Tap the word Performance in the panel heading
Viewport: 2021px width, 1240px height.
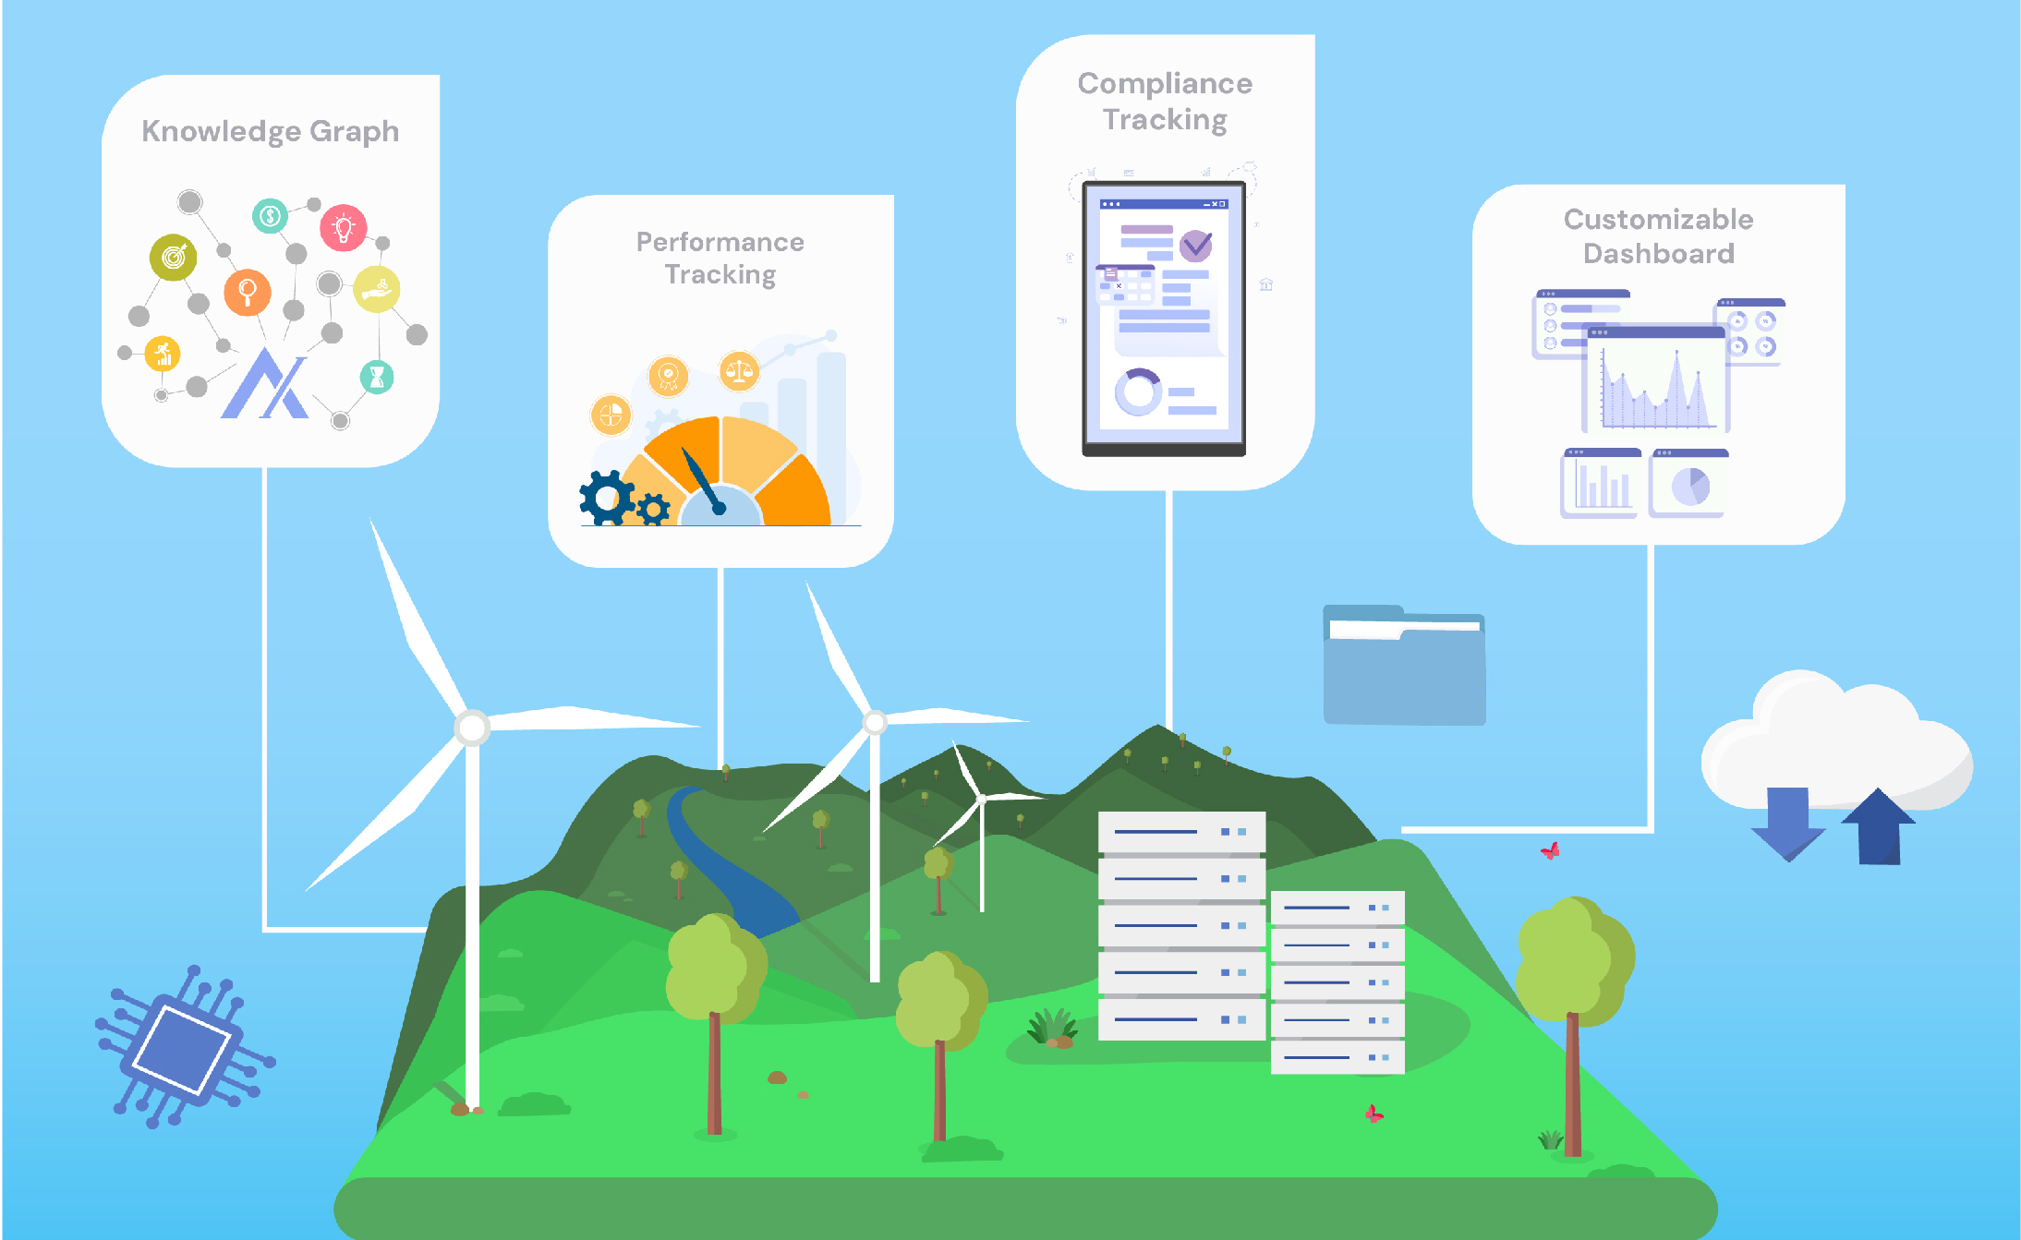pos(720,242)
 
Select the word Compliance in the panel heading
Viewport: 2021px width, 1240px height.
pos(1165,84)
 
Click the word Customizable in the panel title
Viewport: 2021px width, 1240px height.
pos(1658,220)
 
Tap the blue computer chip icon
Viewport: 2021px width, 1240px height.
pos(183,1048)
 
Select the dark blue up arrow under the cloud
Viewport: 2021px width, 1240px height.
pos(1879,827)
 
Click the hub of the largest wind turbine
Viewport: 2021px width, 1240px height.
pos(472,728)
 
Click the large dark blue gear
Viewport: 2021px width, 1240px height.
pos(607,499)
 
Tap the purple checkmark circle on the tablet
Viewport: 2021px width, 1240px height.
pos(1196,246)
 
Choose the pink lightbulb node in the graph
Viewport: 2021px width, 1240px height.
pos(344,227)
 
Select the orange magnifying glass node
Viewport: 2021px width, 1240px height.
pos(248,293)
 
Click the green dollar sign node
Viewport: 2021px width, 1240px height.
pos(270,216)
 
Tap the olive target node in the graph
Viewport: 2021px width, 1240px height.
pos(174,257)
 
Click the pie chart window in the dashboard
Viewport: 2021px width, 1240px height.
pos(1689,484)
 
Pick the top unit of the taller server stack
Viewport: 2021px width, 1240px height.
pos(1181,832)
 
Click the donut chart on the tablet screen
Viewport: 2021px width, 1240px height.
pos(1138,392)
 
